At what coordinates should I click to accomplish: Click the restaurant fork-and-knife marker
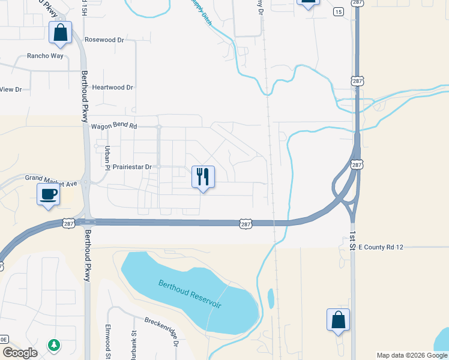coord(203,177)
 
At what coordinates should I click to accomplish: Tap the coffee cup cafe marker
coord(48,194)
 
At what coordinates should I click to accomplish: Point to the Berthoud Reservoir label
coord(190,294)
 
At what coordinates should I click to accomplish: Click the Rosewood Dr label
coord(104,40)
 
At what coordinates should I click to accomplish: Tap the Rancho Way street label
coord(45,56)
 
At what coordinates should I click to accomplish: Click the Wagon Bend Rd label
coord(114,127)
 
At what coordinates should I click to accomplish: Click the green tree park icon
coord(54,344)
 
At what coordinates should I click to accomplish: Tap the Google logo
coord(20,353)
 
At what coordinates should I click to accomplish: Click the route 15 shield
coord(339,12)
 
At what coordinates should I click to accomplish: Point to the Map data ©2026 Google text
coord(412,355)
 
